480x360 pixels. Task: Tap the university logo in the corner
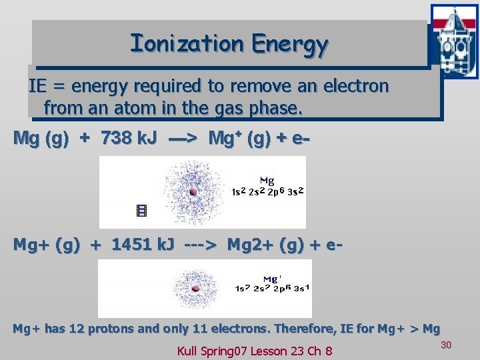point(454,41)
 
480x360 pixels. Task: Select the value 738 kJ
point(129,138)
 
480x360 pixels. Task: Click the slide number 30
point(447,344)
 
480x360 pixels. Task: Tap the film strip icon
point(141,211)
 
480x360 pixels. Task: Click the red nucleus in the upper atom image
point(193,192)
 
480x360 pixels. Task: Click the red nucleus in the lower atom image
point(196,289)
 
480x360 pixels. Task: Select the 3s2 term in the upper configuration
point(295,192)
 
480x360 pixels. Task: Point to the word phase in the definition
point(275,107)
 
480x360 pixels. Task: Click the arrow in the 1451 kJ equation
point(201,245)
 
